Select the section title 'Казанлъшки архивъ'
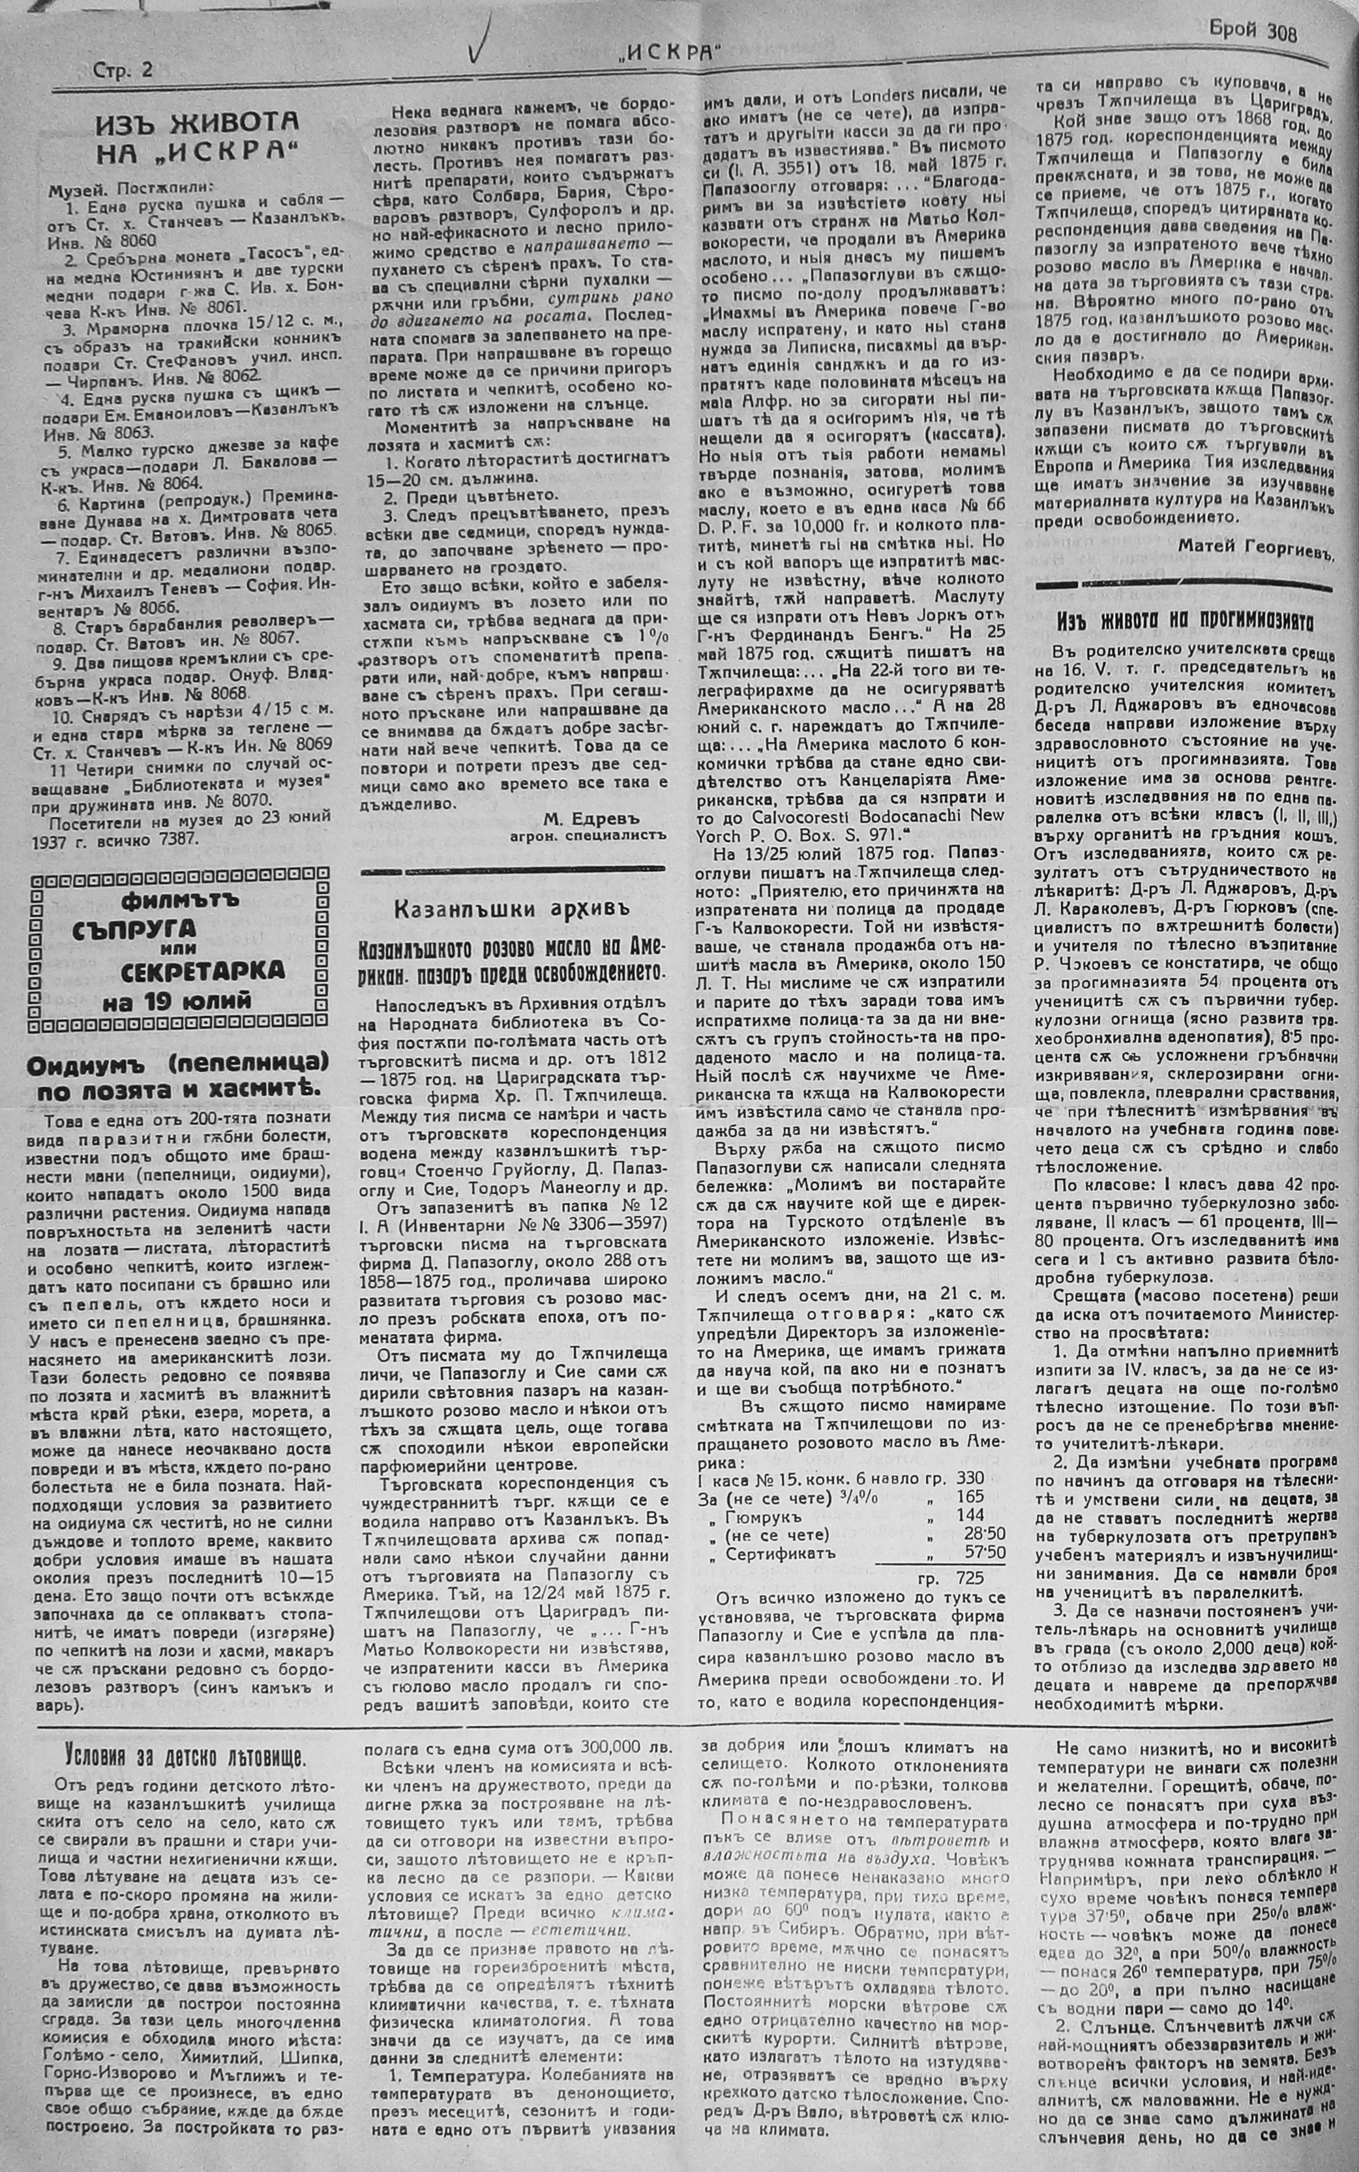point(511,908)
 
